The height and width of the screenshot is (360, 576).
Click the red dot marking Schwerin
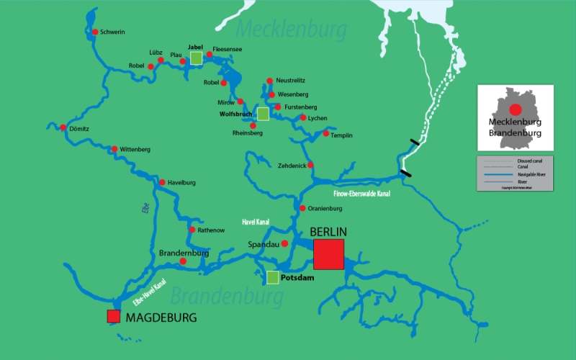pos(94,32)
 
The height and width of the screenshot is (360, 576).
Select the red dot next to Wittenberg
pos(114,149)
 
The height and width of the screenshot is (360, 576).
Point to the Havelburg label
pos(181,182)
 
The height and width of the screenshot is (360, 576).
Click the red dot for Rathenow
pos(192,230)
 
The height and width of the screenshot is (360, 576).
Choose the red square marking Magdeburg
pos(113,316)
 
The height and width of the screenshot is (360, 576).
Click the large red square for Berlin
pos(328,254)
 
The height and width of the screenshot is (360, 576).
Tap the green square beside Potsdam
pos(273,277)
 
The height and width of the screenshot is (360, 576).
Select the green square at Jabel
pos(196,59)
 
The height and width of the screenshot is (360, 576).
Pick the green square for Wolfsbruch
pos(263,114)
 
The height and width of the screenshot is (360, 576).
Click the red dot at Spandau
pos(285,243)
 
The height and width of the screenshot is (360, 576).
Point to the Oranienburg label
pos(324,209)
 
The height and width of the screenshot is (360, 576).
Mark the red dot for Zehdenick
pos(310,165)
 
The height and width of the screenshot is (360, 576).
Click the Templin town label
pos(341,134)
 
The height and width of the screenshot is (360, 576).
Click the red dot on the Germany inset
pos(516,109)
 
